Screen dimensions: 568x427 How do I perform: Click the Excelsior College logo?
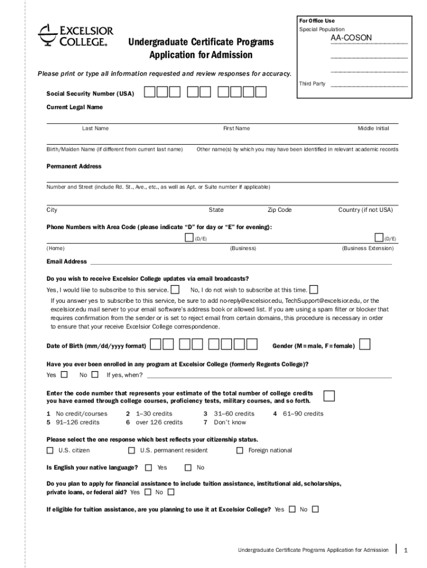tap(75, 35)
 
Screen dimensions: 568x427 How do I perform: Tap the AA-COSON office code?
tap(351, 38)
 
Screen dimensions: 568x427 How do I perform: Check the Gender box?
tap(365, 345)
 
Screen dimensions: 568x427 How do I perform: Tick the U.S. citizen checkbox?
tap(50, 450)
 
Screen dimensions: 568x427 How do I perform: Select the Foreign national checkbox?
tap(240, 450)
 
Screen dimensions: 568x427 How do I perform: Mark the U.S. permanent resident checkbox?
tap(131, 450)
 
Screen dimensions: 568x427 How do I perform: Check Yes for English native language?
tap(149, 467)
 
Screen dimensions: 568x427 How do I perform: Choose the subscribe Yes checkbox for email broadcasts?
tap(175, 290)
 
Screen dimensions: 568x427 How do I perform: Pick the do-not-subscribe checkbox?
tap(314, 290)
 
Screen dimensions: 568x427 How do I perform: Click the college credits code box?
tap(329, 396)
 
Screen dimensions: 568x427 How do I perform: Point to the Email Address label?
tap(67, 262)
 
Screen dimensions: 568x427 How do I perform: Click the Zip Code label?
tap(279, 210)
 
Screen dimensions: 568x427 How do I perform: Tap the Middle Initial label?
tap(373, 129)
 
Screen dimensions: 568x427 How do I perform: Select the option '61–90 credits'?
tap(303, 414)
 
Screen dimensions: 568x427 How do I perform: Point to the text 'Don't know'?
tap(230, 422)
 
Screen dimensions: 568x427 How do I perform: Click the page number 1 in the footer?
tap(406, 550)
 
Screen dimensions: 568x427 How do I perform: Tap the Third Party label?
tap(312, 84)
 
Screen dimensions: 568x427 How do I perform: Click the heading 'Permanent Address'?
tap(74, 166)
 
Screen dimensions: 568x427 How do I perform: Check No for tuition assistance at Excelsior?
tap(316, 509)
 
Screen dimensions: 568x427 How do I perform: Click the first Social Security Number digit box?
tap(150, 92)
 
